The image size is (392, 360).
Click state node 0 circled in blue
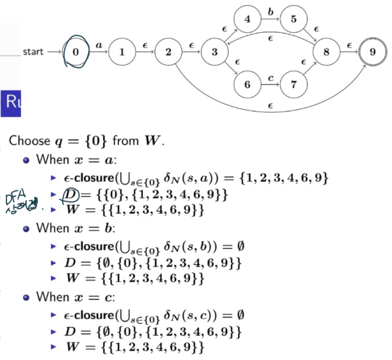pos(75,52)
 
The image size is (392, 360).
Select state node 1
pos(122,52)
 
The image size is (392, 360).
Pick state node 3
pos(215,52)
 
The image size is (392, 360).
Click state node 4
pos(247,20)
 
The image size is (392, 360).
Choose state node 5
pos(294,20)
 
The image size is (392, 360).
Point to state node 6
pos(247,84)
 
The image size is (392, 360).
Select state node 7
pos(294,84)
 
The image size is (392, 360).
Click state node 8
pos(326,52)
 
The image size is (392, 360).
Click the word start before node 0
pos(33,52)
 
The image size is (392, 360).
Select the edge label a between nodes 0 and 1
pos(99,46)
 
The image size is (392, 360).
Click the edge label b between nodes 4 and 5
pos(270,12)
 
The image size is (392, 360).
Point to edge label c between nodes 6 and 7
pos(270,78)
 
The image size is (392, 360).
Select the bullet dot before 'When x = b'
pos(26,228)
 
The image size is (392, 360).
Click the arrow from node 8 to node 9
pos(349,52)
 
